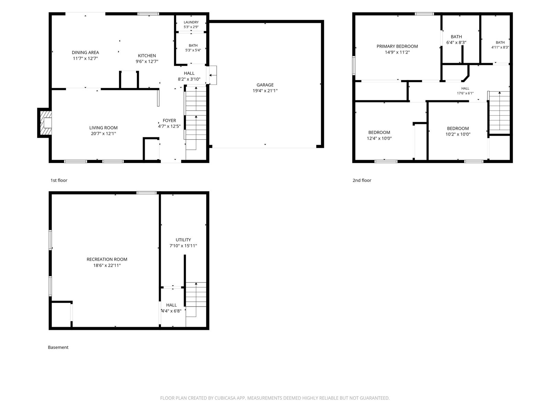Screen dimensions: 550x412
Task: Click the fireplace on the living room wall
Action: [45, 123]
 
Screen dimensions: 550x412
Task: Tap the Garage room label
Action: [265, 85]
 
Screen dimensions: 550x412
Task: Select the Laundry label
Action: [191, 22]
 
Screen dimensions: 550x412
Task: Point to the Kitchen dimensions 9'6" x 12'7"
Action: [147, 61]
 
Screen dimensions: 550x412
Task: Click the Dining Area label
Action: [85, 53]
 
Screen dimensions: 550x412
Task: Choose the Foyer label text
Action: [169, 120]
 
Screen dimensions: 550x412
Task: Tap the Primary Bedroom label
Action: [397, 46]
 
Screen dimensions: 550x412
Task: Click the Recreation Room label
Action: [107, 259]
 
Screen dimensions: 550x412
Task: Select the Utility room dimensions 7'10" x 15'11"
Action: [183, 245]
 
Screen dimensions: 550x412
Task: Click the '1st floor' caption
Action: [59, 180]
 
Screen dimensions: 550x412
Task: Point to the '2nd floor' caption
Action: [362, 180]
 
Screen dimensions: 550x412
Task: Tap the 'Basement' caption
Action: [58, 347]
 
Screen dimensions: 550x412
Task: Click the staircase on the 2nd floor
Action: [499, 113]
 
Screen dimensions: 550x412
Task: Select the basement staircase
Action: [196, 300]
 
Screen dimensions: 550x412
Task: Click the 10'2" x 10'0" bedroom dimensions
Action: [458, 134]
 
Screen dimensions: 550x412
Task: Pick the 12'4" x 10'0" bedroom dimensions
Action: [379, 138]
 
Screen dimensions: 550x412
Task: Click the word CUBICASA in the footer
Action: [225, 398]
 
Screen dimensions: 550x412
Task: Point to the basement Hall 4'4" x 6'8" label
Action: [172, 308]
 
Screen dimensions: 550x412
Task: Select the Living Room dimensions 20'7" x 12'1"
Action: [103, 134]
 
